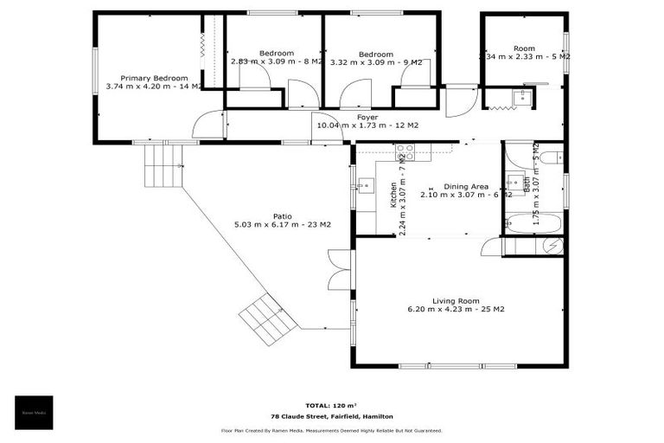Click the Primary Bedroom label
[154, 77]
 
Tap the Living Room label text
[456, 300]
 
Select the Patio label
[282, 215]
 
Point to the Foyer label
[367, 116]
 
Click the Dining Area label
[466, 186]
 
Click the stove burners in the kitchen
[405, 153]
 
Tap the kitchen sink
[366, 184]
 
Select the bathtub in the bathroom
[533, 223]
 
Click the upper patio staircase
[164, 164]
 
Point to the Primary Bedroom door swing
[208, 126]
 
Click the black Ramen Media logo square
[34, 413]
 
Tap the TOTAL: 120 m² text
[331, 404]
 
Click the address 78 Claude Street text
[331, 416]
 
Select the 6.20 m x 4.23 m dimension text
[456, 309]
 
